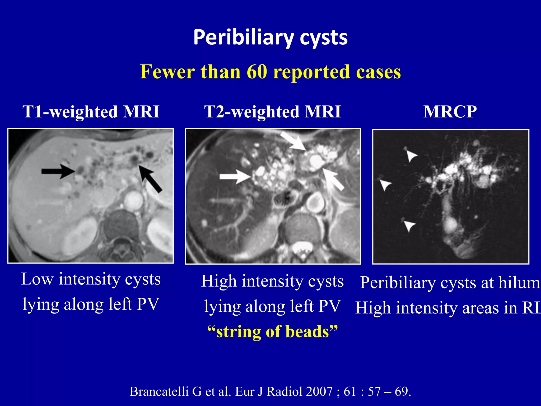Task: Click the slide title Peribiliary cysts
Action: point(270,38)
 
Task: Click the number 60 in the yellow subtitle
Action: point(257,72)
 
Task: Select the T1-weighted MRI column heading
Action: point(91,112)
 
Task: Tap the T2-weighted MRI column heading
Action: point(272,112)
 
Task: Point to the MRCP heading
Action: point(450,112)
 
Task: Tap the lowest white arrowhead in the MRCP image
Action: point(409,225)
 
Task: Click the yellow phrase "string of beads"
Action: point(272,331)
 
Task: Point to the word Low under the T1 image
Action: point(37,279)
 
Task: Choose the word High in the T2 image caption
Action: point(219,281)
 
